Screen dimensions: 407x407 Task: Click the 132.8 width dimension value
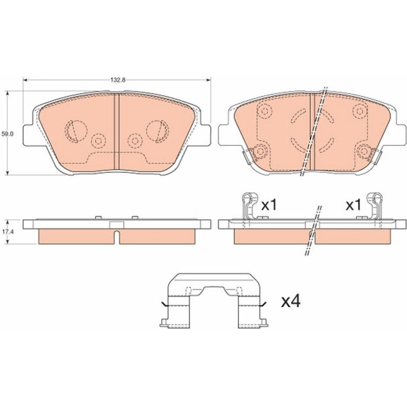pos(118,80)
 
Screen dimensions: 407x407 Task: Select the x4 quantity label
pos(291,301)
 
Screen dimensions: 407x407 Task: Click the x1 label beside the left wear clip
pos(269,205)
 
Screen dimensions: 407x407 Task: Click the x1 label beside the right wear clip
pos(353,205)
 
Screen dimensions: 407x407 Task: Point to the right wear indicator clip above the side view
pos(374,206)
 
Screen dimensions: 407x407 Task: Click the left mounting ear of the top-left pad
pos(29,135)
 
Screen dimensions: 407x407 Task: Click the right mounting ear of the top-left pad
pos(206,135)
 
